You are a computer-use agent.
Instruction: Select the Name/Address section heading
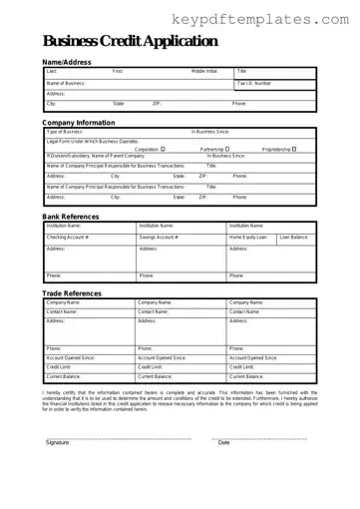pyautogui.click(x=67, y=62)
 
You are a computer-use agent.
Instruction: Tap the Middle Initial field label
pyautogui.click(x=204, y=72)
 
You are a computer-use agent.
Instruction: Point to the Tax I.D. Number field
pyautogui.click(x=254, y=83)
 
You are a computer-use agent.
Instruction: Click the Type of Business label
pyautogui.click(x=65, y=132)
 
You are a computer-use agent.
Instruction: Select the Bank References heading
pyautogui.click(x=72, y=217)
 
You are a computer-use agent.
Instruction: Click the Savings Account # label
pyautogui.click(x=160, y=237)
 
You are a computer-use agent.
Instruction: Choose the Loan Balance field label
pyautogui.click(x=294, y=237)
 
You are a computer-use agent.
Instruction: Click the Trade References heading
pyautogui.click(x=72, y=293)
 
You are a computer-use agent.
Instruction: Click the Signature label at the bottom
pyautogui.click(x=58, y=442)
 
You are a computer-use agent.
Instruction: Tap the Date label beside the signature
pyautogui.click(x=224, y=442)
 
